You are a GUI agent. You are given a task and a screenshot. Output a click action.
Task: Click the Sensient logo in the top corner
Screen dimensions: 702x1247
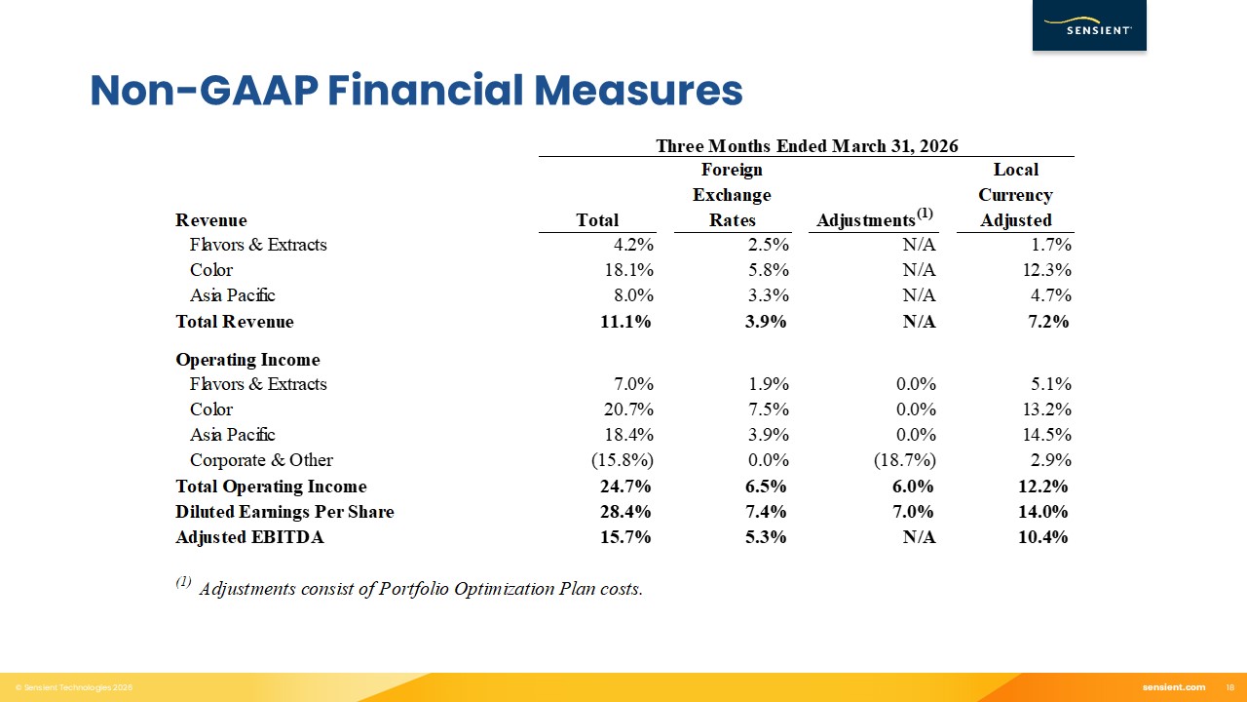coord(1089,26)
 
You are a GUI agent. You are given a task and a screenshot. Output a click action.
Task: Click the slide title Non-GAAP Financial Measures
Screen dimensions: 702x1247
coord(416,91)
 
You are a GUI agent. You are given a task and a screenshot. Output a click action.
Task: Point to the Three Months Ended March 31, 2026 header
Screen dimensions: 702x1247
coord(807,146)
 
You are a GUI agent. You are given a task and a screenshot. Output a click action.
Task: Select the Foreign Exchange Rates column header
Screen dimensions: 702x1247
coord(732,195)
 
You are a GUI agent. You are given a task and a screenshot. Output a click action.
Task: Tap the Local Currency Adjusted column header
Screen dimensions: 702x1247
coord(1015,195)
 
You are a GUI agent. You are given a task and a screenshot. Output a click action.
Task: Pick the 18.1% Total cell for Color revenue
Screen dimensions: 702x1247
coord(627,270)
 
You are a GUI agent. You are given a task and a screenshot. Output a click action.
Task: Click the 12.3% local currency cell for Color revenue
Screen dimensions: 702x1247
coord(1045,270)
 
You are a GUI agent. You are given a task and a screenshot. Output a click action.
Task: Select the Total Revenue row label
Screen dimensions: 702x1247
coord(234,322)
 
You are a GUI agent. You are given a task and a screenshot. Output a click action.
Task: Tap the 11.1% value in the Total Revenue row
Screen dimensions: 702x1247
coord(625,322)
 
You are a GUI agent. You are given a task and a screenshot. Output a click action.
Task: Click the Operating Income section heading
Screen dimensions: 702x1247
coord(247,360)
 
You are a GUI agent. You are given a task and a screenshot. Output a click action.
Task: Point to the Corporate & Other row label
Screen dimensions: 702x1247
coord(261,460)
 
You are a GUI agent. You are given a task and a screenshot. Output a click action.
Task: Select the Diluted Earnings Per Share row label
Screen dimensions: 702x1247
coord(284,512)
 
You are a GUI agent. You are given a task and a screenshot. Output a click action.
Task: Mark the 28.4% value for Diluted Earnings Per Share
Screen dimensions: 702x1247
coord(625,512)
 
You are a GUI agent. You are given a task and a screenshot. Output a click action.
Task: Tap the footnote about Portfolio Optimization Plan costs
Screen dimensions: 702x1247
coord(419,589)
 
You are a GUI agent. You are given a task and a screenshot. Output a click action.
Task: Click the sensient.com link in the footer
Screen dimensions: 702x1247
coord(1173,687)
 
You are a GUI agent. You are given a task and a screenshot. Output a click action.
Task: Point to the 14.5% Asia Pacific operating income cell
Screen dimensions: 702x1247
coord(1045,435)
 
